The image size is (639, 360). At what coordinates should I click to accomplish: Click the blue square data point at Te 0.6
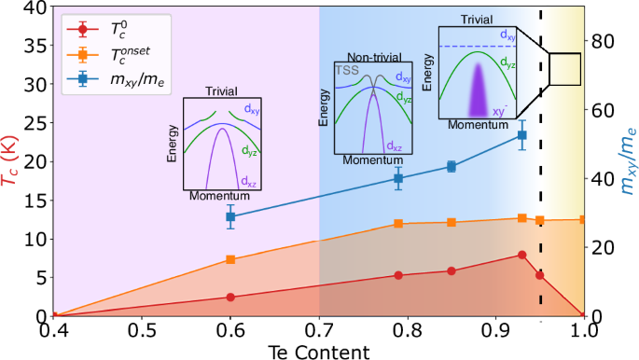click(230, 216)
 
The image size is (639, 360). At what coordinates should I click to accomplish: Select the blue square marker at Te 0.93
click(522, 135)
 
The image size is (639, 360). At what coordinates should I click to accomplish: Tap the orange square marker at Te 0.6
click(230, 260)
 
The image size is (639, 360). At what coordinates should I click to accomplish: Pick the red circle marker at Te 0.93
click(522, 255)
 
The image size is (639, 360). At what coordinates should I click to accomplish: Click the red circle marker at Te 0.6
click(230, 297)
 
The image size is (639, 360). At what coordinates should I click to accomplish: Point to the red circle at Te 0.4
click(54, 316)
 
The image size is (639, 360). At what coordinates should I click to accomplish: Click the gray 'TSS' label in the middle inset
click(346, 70)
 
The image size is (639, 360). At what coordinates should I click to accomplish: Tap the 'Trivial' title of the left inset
click(223, 91)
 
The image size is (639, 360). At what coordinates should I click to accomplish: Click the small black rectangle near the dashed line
click(564, 69)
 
